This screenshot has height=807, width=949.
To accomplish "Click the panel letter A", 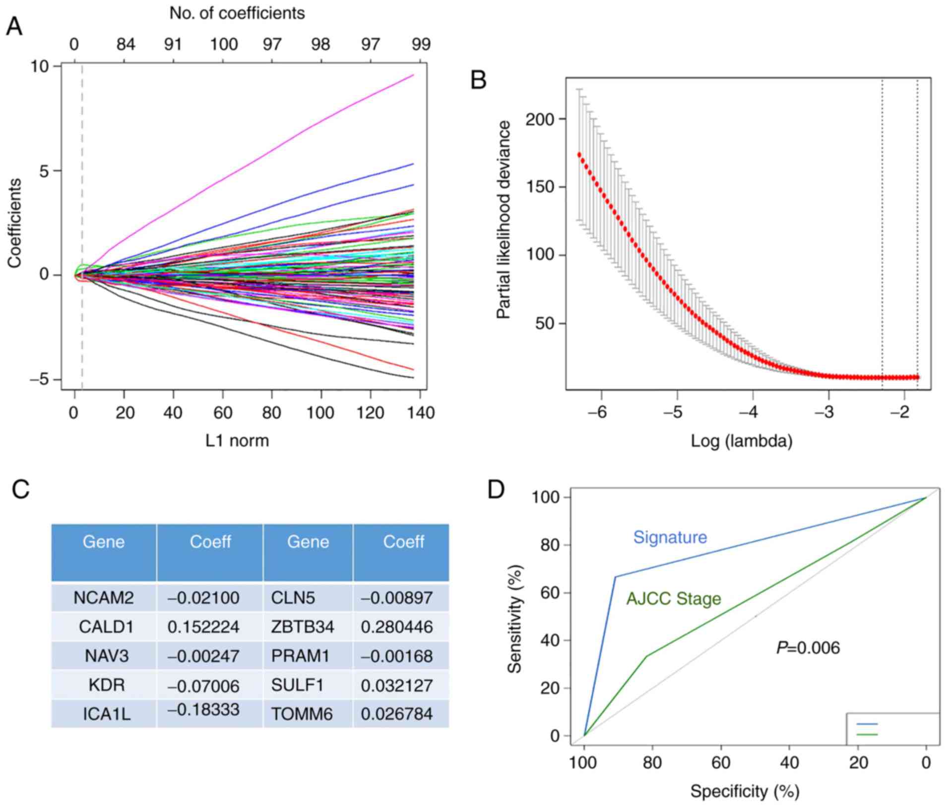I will pyautogui.click(x=14, y=26).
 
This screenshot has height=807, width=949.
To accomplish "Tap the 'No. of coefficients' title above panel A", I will pyautogui.click(x=237, y=13).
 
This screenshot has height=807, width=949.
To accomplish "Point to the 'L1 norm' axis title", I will pyautogui.click(x=237, y=440).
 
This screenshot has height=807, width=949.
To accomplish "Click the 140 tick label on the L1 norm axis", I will pyautogui.click(x=421, y=412).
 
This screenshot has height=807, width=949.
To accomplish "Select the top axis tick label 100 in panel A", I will pyautogui.click(x=224, y=45).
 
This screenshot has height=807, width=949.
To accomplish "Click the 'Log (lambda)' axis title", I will pyautogui.click(x=742, y=440).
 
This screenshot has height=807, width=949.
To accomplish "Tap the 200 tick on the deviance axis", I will pyautogui.click(x=540, y=119).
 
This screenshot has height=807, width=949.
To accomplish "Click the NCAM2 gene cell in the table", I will pyautogui.click(x=104, y=598).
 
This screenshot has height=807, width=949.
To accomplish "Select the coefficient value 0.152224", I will pyautogui.click(x=203, y=627).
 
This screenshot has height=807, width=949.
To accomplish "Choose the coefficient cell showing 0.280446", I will pyautogui.click(x=397, y=627).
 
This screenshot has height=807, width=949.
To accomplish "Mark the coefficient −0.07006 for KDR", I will pyautogui.click(x=203, y=686).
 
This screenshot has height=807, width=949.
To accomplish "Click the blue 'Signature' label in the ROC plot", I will pyautogui.click(x=670, y=537).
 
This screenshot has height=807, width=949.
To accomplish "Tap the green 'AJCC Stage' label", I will pyautogui.click(x=673, y=599).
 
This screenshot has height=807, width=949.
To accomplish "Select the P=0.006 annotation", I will pyautogui.click(x=808, y=648).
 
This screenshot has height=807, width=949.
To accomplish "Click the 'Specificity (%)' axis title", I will pyautogui.click(x=745, y=791).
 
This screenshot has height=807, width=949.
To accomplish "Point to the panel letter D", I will pyautogui.click(x=496, y=490).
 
